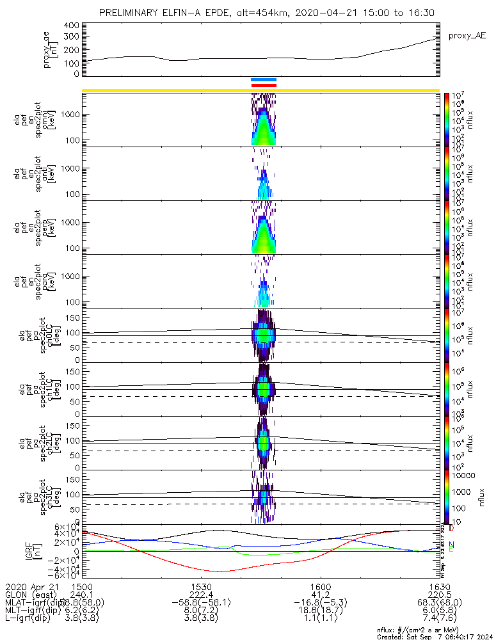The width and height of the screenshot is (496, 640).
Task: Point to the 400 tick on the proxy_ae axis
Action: click(72, 26)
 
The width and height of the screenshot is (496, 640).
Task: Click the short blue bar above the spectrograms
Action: click(264, 80)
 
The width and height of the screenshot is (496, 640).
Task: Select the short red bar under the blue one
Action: click(264, 84)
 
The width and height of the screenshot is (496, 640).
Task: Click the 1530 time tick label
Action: click(201, 586)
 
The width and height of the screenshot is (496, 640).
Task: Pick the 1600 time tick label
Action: click(320, 586)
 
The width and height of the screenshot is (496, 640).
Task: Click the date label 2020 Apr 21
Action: click(31, 586)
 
